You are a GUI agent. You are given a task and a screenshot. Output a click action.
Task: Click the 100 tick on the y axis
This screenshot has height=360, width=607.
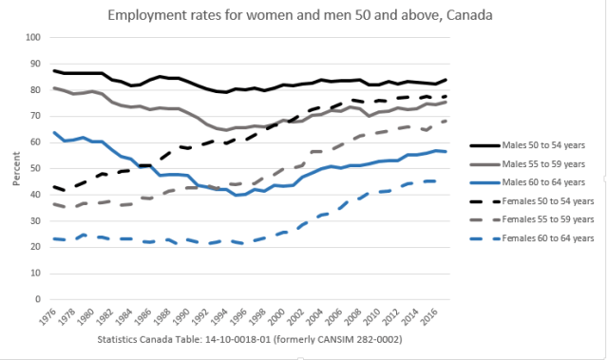(35, 37)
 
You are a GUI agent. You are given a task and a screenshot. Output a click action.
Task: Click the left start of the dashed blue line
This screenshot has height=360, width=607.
(55, 238)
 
